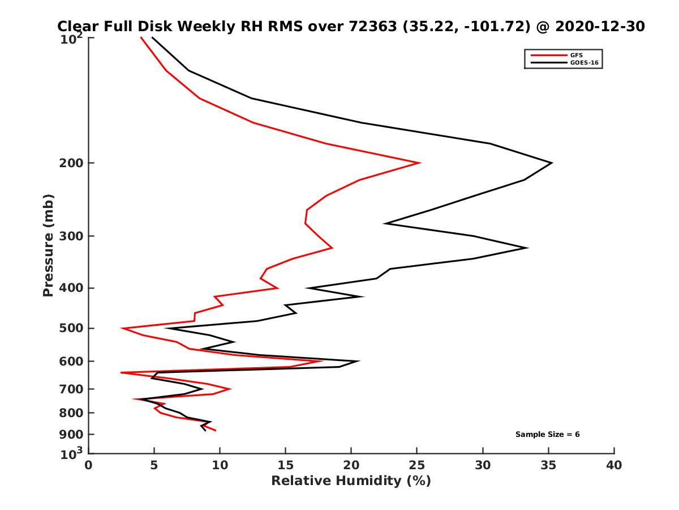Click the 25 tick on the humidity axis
[x=417, y=465]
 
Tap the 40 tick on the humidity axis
[x=614, y=465]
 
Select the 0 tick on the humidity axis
[x=89, y=465]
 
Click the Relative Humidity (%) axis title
[x=351, y=481]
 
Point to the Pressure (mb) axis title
[x=48, y=245]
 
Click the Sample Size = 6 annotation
[x=547, y=435]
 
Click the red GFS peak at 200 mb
[x=419, y=163]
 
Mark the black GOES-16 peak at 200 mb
[x=551, y=163]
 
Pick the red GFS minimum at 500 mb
[x=122, y=328]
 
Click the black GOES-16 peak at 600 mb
[x=358, y=361]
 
